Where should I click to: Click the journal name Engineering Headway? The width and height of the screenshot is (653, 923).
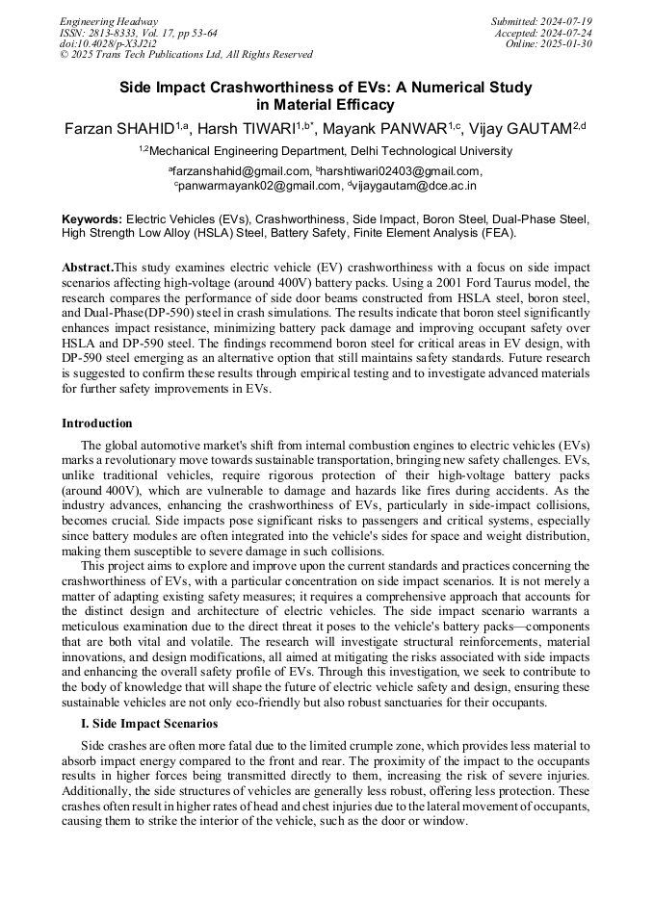pos(109,21)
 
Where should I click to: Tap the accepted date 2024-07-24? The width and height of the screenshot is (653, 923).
pos(570,32)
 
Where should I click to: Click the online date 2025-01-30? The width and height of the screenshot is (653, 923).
pos(573,43)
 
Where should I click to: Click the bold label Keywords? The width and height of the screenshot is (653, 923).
pos(91,219)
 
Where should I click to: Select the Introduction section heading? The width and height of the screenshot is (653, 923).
pos(97,423)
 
